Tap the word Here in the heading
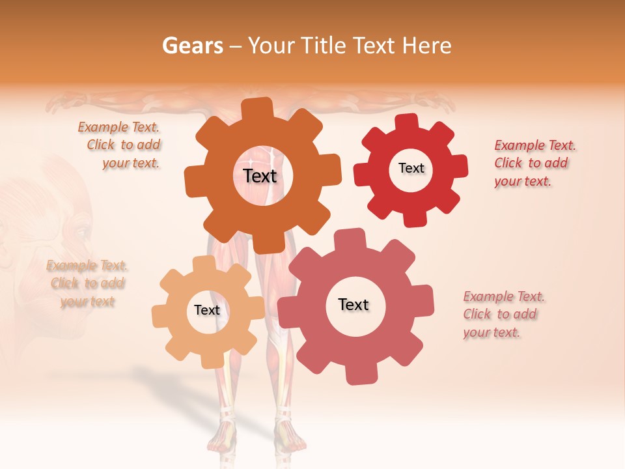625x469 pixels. (x=428, y=46)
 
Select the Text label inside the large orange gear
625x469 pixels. (x=260, y=176)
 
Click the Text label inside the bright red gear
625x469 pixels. (x=411, y=168)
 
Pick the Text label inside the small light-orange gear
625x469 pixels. (x=206, y=310)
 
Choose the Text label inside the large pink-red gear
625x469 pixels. (x=354, y=304)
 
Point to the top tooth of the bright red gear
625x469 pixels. (x=406, y=122)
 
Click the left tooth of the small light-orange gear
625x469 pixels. (x=160, y=316)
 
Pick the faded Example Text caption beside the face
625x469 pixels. (x=87, y=283)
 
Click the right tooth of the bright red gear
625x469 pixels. (x=460, y=166)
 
